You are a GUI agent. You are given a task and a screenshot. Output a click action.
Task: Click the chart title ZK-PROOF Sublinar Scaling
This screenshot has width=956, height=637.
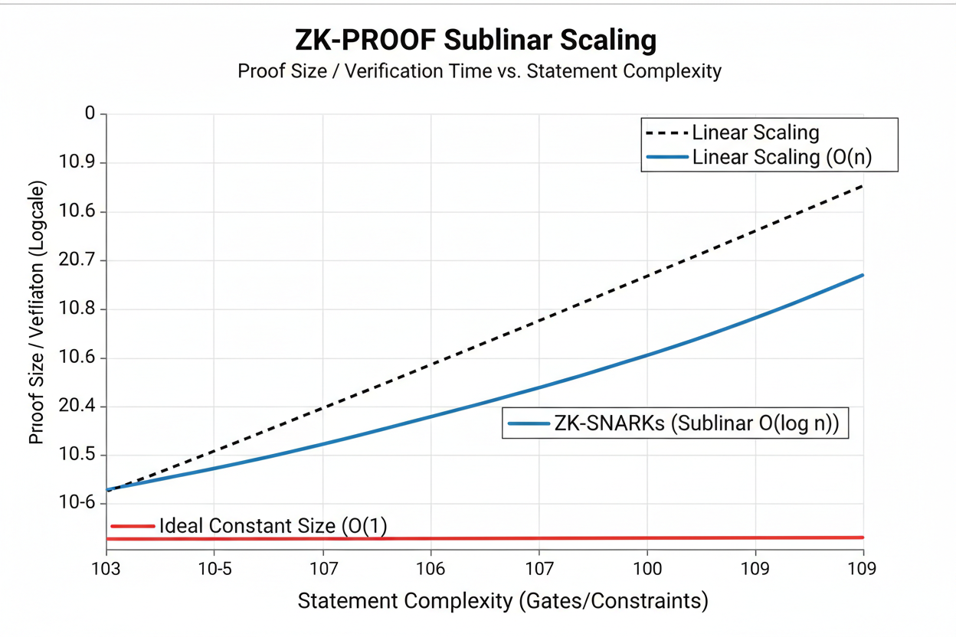click(475, 41)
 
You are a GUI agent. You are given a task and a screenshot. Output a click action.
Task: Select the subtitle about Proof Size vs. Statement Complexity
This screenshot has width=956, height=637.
click(480, 72)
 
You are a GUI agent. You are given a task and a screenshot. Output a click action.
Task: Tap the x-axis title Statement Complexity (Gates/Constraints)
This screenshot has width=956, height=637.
click(503, 601)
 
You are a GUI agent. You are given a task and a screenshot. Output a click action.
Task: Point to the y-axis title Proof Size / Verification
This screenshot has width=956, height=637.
click(36, 312)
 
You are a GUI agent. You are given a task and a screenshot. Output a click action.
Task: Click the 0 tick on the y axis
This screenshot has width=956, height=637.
click(90, 114)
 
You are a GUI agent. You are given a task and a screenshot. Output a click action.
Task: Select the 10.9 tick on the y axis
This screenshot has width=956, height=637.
click(78, 163)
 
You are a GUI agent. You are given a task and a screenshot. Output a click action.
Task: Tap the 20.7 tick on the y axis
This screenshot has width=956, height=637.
click(78, 261)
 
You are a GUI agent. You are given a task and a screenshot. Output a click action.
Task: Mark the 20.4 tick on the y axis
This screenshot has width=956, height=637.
click(78, 407)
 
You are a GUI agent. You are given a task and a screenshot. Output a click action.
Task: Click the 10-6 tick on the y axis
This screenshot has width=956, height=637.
click(78, 503)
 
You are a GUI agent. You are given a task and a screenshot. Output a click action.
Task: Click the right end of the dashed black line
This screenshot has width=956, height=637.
click(863, 186)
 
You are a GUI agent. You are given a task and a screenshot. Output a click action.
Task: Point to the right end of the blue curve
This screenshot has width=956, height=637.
click(863, 275)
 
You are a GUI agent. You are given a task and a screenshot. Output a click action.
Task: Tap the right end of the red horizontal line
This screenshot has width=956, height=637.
click(863, 537)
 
